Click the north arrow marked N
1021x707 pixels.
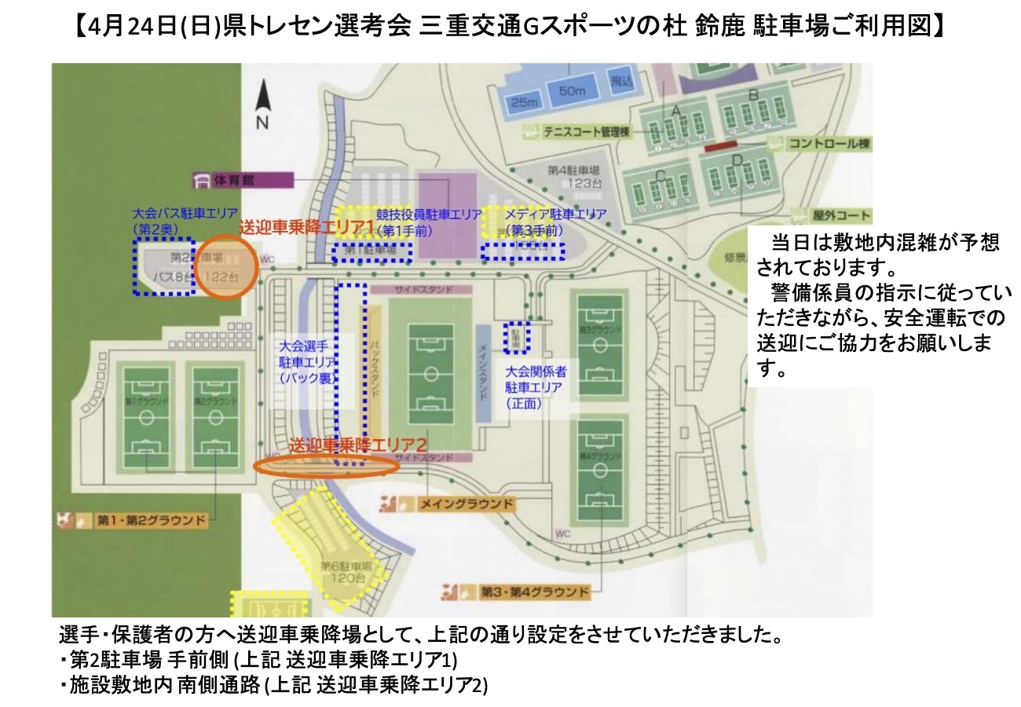(x=262, y=106)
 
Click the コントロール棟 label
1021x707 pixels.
(x=819, y=145)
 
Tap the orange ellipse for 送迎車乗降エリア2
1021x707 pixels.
(x=327, y=465)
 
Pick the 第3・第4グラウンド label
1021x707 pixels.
(x=525, y=591)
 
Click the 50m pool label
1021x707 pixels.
(x=573, y=92)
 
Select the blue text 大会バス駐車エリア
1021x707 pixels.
(x=185, y=213)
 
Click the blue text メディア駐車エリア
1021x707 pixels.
(x=555, y=214)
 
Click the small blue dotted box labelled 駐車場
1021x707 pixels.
(x=518, y=336)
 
